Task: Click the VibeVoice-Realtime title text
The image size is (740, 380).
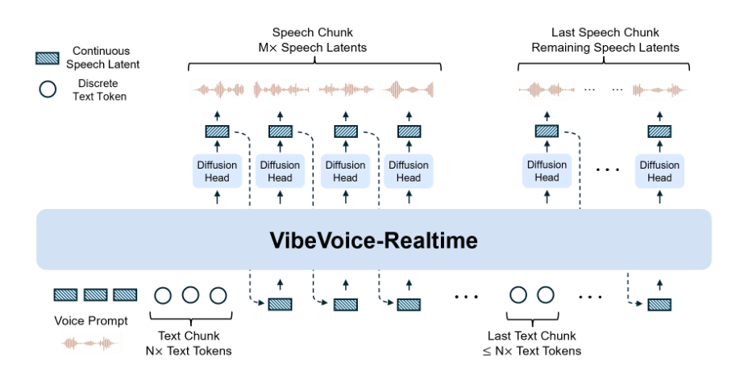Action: point(373,240)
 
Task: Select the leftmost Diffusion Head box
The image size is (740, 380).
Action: point(215,171)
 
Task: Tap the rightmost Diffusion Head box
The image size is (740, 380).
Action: point(659,171)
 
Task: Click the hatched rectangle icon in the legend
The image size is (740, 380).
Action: point(47,58)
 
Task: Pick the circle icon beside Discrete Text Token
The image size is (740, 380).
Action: point(47,90)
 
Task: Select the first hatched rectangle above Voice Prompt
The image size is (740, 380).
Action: point(65,295)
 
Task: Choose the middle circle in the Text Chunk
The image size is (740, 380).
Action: point(190,295)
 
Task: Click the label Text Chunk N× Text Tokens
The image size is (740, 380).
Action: point(190,343)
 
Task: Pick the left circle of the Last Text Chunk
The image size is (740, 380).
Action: point(518,295)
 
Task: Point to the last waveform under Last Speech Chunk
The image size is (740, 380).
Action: point(659,89)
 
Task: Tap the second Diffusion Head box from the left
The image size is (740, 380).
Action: point(280,171)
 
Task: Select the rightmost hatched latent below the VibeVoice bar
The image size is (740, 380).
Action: point(659,305)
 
